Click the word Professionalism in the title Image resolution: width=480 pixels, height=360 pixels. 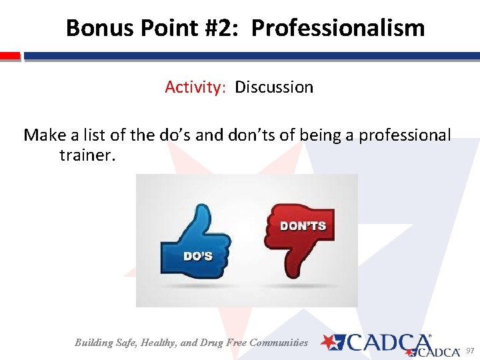pyautogui.click(x=338, y=28)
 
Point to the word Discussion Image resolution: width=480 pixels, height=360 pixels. pyautogui.click(x=274, y=87)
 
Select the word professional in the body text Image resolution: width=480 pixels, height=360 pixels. pyautogui.click(x=405, y=135)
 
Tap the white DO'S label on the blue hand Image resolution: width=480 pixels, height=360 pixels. pyautogui.click(x=198, y=256)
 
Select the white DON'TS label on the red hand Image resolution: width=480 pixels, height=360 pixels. pyautogui.click(x=303, y=226)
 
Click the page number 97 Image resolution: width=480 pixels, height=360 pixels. pyautogui.click(x=469, y=351)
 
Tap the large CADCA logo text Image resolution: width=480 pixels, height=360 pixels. pyautogui.click(x=387, y=343)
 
